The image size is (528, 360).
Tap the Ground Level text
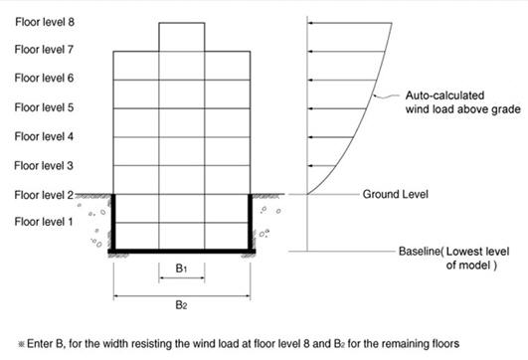point(395,194)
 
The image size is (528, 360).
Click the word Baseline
point(419,252)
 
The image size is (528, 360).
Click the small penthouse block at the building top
point(181,36)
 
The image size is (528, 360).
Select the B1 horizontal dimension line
point(181,279)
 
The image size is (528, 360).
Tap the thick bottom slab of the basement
point(181,252)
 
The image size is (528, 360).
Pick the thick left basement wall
point(113,223)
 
